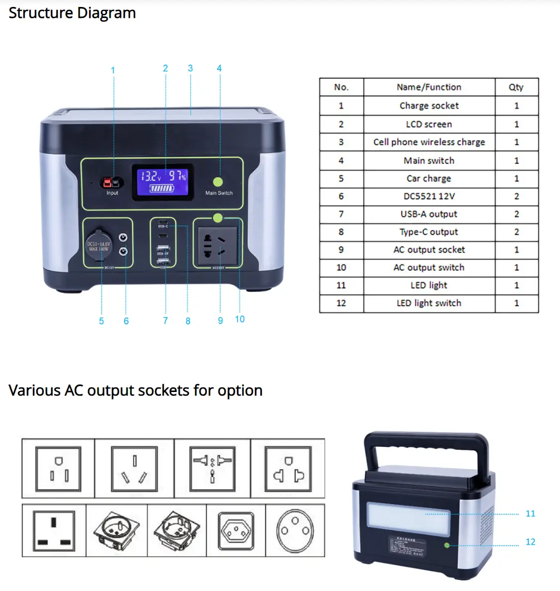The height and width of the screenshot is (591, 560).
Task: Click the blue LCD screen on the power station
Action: coord(163,182)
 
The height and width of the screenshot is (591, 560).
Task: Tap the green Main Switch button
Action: coord(218,182)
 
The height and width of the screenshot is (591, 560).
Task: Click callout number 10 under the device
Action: coord(239,319)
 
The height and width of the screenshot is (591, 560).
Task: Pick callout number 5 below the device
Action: coord(102,321)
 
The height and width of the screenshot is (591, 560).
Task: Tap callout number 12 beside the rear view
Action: coord(530,542)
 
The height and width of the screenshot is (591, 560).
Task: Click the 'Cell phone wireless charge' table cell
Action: coord(429,142)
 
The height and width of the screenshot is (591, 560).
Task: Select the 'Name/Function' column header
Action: coord(429,87)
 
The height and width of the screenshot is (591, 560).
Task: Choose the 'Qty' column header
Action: coord(516,87)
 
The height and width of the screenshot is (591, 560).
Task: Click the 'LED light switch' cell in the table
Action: coord(429,303)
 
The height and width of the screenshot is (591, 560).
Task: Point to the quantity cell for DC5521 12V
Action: coord(516,196)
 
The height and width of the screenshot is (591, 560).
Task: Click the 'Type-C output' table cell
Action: coord(429,232)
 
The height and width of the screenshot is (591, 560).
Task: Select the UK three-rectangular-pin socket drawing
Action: coord(54,530)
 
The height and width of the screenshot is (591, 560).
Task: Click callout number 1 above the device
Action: coord(113,70)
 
